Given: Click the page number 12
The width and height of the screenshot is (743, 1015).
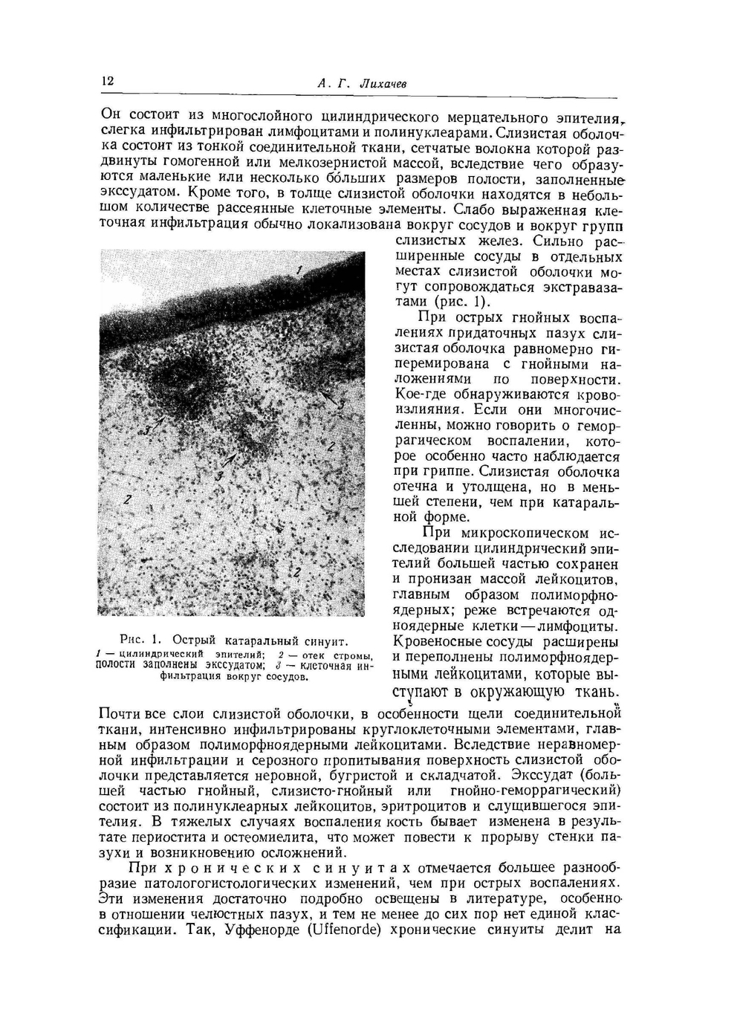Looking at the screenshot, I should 107,80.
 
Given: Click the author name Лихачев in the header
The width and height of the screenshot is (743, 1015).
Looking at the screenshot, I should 382,85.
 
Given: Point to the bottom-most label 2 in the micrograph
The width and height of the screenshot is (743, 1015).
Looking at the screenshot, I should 296,571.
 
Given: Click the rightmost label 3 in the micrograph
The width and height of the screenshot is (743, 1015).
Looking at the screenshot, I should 340,405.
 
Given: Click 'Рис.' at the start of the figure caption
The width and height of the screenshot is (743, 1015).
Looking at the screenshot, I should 132,640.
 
